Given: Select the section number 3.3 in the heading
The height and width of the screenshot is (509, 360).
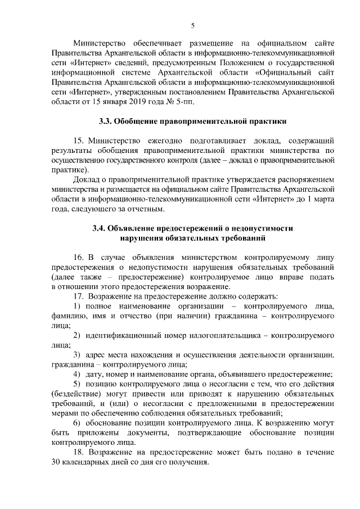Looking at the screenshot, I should point(105,121).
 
